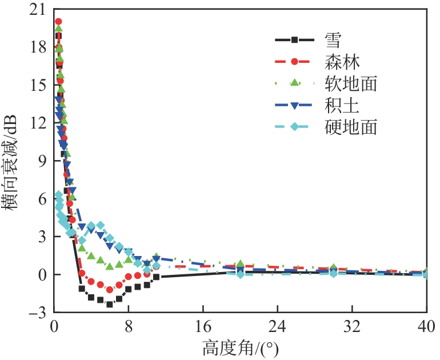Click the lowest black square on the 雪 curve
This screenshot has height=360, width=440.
tap(109, 304)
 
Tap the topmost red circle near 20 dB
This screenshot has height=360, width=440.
tap(58, 22)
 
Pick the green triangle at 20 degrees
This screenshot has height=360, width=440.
tap(241, 264)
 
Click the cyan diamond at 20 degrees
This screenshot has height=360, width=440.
tap(241, 274)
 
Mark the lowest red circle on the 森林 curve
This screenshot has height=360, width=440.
tap(109, 290)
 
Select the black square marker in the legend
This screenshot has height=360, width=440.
tap(294, 40)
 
